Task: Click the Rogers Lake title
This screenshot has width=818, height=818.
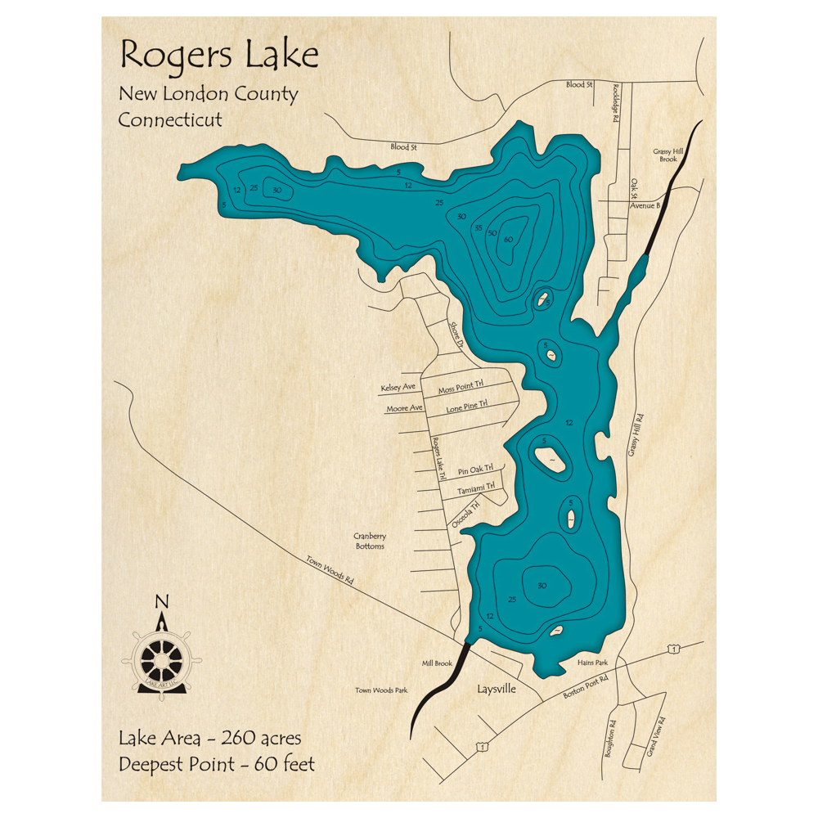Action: [219, 56]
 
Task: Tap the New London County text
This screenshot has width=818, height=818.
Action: [208, 94]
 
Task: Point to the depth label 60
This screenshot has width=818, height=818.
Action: [508, 240]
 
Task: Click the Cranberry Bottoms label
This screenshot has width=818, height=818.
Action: [370, 541]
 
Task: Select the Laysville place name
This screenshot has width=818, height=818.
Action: [497, 689]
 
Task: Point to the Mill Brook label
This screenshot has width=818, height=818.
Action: [438, 663]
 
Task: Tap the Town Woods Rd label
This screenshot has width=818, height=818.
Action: [330, 570]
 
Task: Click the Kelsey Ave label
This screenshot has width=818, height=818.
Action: [398, 387]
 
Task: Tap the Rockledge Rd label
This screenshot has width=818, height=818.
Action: [615, 106]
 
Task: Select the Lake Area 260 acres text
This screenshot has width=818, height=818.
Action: [210, 739]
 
